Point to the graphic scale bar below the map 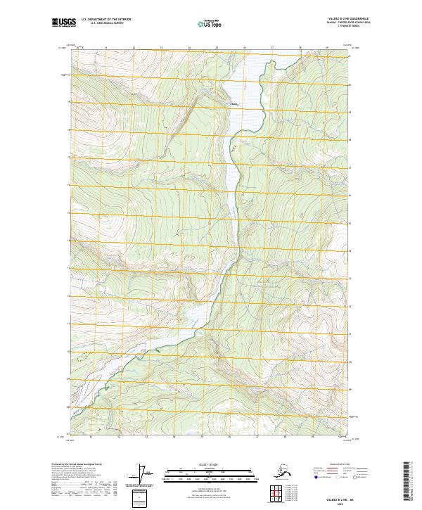click(209, 473)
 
